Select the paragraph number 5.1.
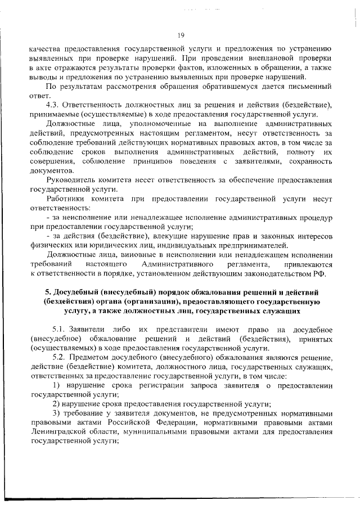pyautogui.click(x=60, y=330)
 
